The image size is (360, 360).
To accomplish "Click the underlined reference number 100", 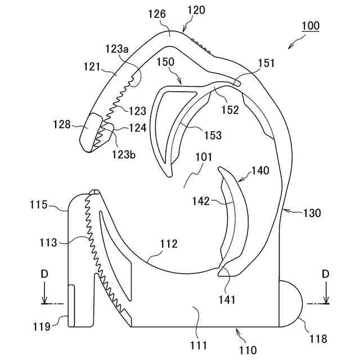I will click(310, 26).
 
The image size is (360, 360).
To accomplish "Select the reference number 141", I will click(228, 300).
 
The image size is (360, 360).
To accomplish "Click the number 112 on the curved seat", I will click(168, 244).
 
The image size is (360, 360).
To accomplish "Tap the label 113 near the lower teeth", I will click(48, 244).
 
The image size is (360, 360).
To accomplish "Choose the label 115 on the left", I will click(40, 205).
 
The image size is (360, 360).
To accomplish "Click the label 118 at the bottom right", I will click(318, 339).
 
